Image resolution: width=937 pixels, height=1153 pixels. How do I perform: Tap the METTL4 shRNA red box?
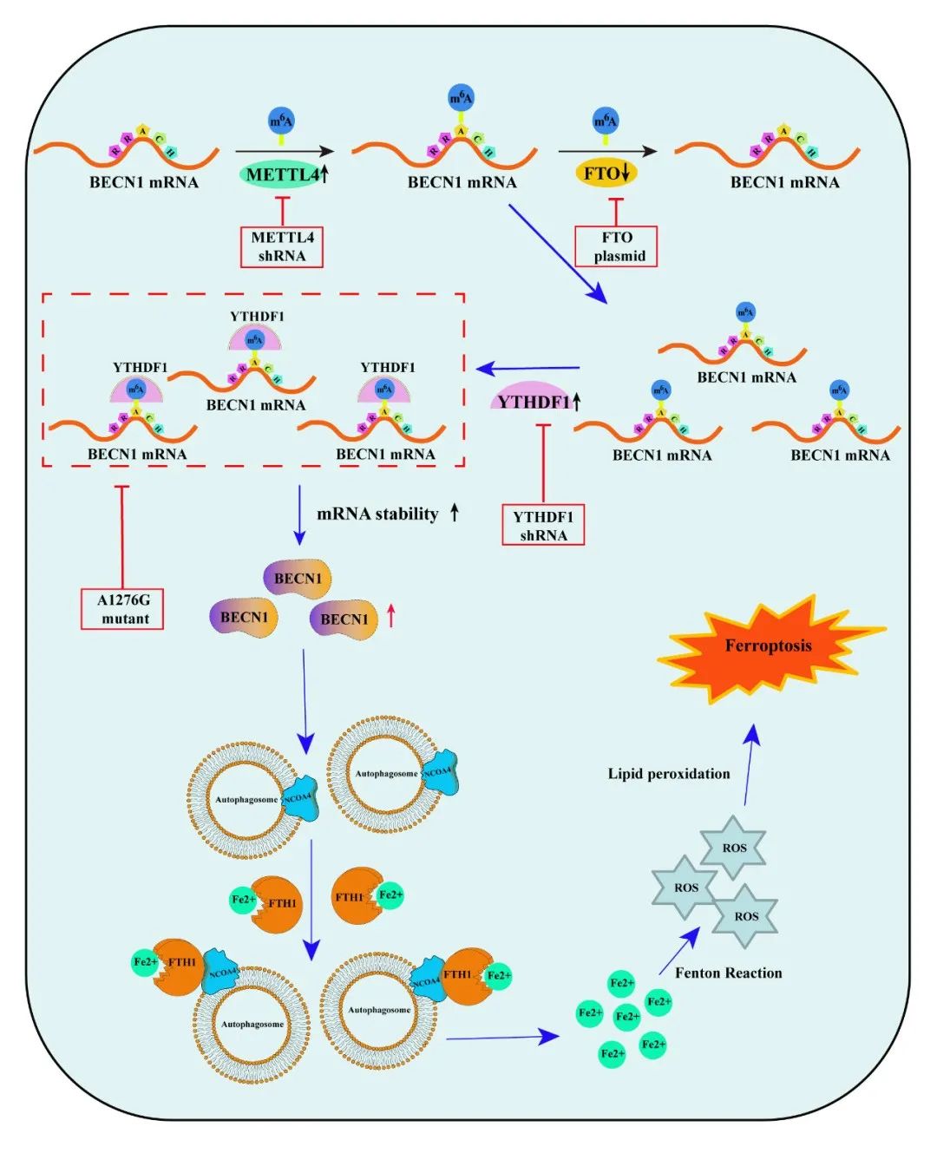(x=282, y=246)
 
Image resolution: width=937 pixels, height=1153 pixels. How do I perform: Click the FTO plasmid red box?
(x=616, y=246)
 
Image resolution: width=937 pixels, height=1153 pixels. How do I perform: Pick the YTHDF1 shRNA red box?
(x=543, y=525)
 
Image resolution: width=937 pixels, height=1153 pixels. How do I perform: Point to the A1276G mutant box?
(x=122, y=609)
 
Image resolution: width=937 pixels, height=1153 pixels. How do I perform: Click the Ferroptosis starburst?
(x=769, y=646)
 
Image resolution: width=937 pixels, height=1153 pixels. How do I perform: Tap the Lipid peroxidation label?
(x=669, y=774)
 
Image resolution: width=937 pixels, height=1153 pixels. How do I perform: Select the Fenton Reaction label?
(x=729, y=973)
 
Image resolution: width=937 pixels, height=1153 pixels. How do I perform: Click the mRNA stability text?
(x=378, y=514)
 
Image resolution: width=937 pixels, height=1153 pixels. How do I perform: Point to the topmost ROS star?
(x=734, y=848)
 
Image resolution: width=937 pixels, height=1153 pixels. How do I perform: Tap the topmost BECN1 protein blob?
(x=298, y=579)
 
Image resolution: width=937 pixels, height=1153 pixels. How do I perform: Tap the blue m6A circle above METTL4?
(x=281, y=121)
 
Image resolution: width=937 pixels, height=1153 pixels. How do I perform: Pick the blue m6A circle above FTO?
(x=606, y=121)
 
